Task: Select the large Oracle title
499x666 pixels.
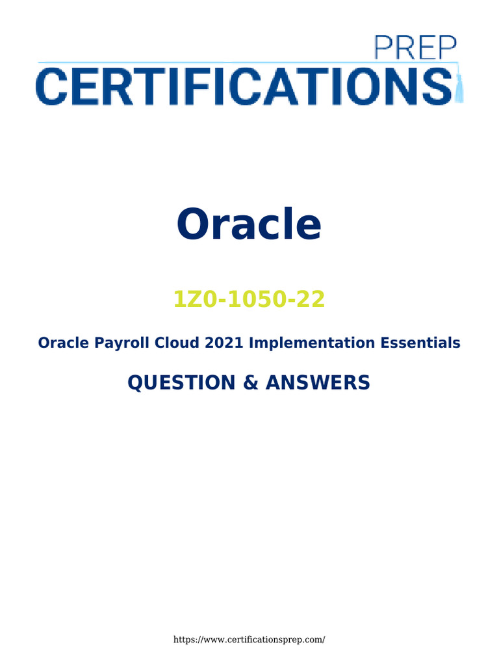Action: pos(249,224)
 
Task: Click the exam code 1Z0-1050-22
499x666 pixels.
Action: pos(249,300)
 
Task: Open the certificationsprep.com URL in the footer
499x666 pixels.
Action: pos(249,639)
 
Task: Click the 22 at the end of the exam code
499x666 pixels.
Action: pos(312,300)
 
